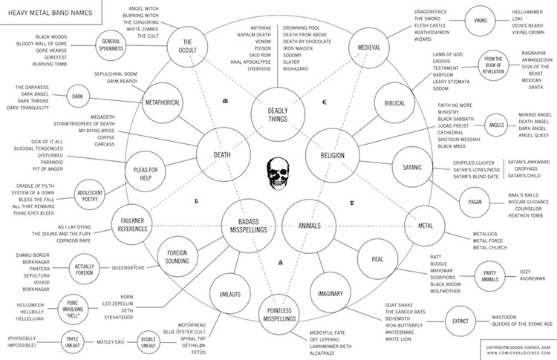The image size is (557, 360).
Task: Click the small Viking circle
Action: coord(481,22)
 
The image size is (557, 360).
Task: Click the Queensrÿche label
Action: coord(133,266)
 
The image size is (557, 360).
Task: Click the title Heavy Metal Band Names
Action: coord(45,9)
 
